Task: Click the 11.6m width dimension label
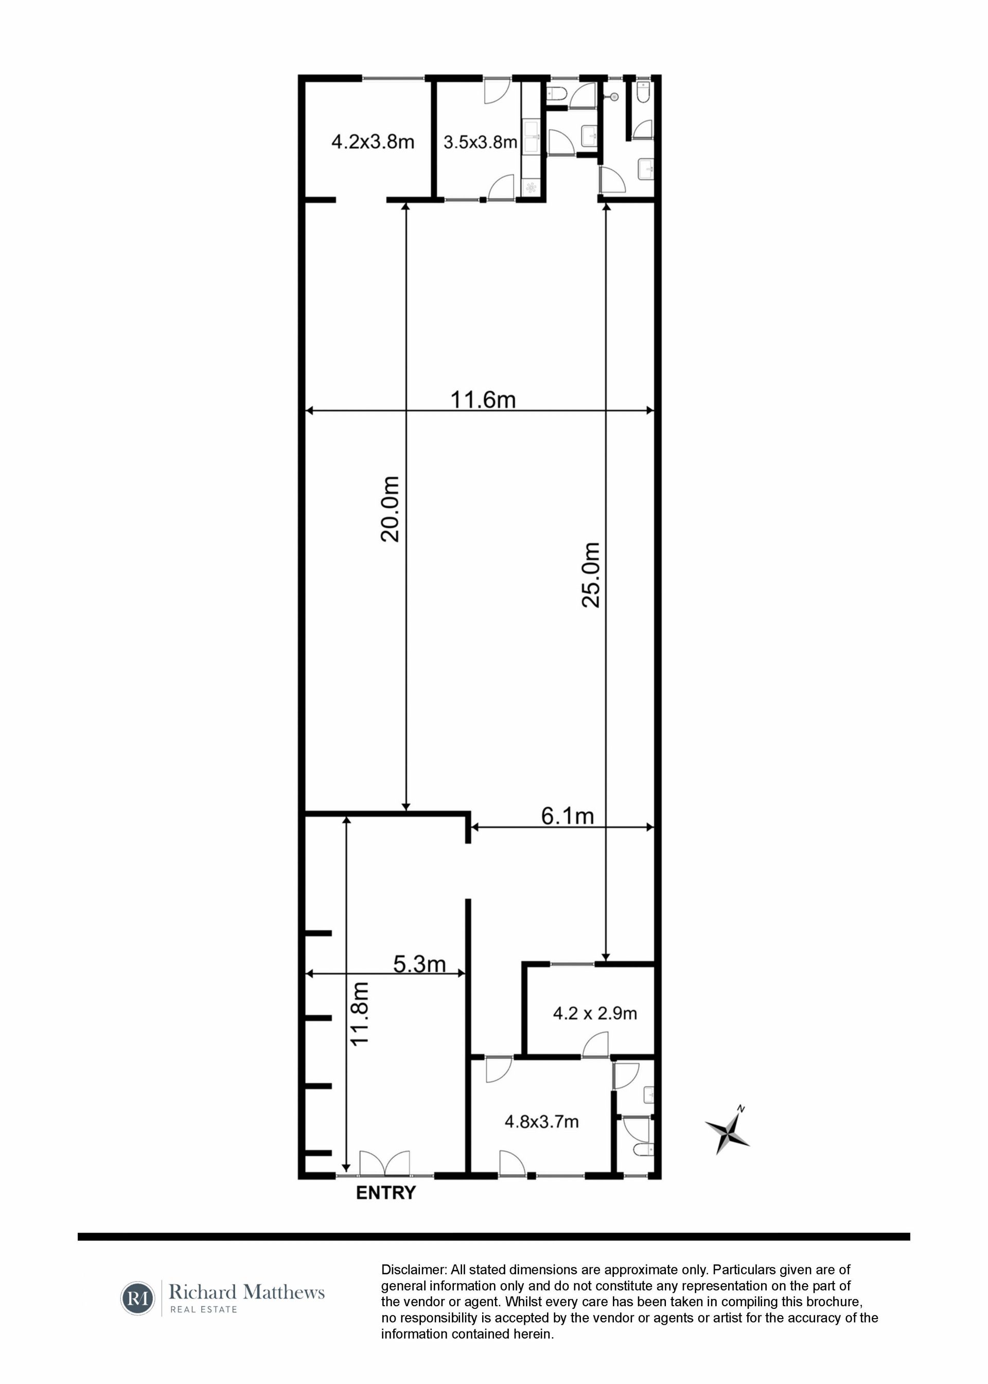pos(483,400)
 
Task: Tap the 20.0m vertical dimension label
pos(390,509)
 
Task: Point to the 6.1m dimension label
pos(568,816)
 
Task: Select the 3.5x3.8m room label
pos(481,143)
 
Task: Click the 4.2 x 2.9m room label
pos(595,1013)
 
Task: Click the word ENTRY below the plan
pos(386,1192)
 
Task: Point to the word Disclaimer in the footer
pos(413,1270)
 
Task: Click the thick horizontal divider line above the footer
pos(494,1237)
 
